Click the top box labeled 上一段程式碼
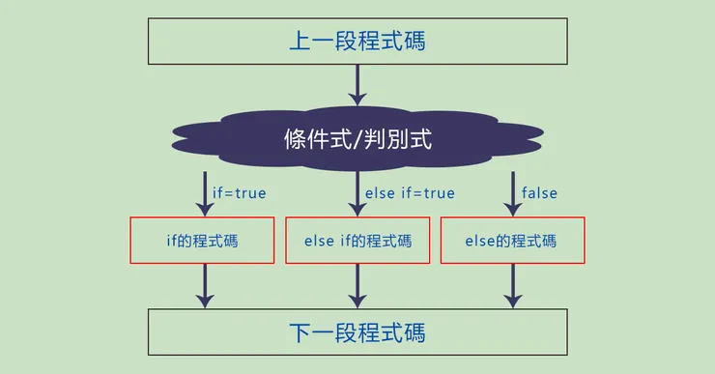point(357,42)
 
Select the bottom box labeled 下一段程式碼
point(357,333)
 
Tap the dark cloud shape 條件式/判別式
point(357,140)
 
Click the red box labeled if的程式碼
point(203,241)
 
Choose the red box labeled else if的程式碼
point(357,241)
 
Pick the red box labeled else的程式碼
point(512,241)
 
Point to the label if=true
point(239,193)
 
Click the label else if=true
point(410,193)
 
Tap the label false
point(539,193)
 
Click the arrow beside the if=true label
point(203,192)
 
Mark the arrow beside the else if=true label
point(357,192)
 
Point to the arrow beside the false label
point(512,192)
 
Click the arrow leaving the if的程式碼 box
point(203,286)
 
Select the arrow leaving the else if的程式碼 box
point(357,286)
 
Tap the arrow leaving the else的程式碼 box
point(512,286)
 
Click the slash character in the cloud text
point(358,140)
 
